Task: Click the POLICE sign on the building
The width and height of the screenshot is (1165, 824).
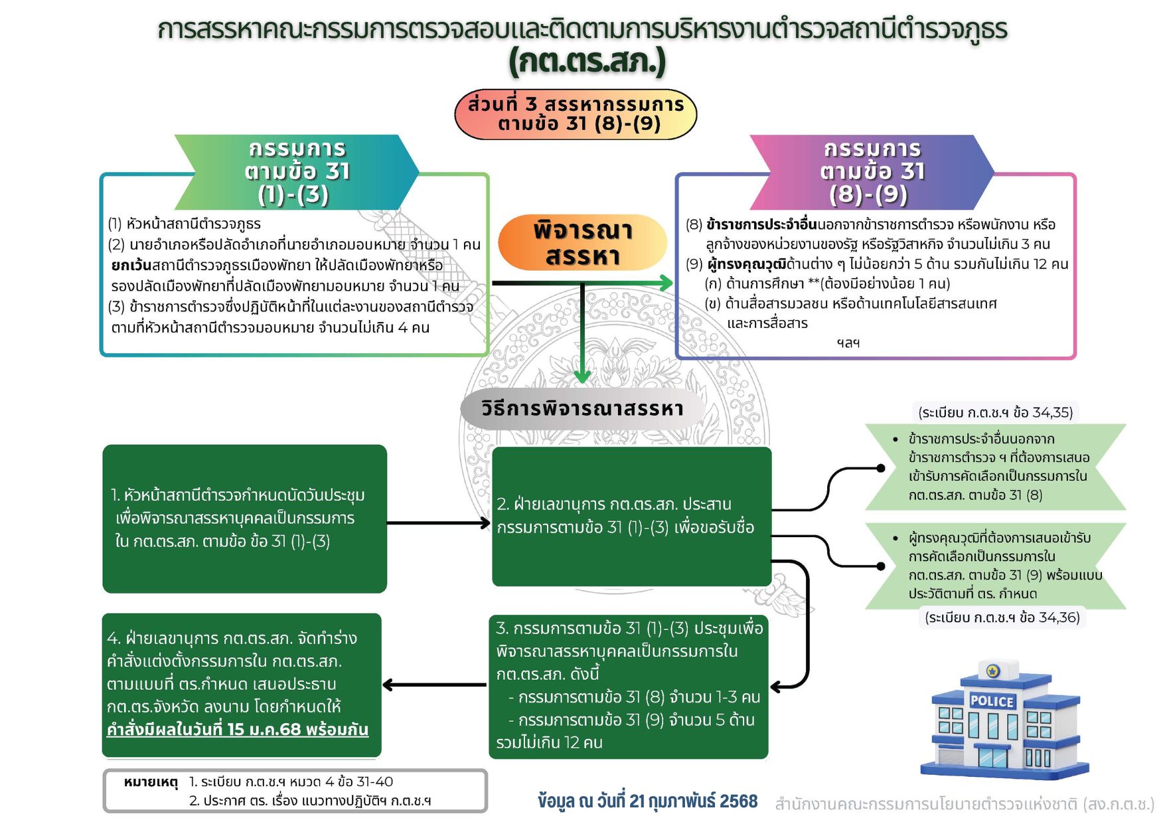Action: pos(992,701)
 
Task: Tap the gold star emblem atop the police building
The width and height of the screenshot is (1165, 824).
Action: pos(993,671)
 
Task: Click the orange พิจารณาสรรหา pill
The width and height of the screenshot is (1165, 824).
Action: pos(582,243)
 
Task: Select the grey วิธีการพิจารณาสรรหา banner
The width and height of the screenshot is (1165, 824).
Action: pos(582,408)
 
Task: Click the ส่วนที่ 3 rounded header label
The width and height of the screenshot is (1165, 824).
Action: pos(576,114)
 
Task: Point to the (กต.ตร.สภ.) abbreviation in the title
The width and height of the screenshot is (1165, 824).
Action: pos(587,61)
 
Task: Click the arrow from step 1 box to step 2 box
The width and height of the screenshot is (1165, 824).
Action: pos(439,523)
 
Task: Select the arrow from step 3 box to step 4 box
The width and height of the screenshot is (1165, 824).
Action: pos(435,685)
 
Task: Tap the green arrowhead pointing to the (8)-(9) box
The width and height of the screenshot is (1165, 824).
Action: pos(666,283)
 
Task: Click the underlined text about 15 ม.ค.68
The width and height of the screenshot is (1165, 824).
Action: pos(237,730)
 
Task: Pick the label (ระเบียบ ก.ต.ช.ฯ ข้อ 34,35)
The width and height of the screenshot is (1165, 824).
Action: pos(995,412)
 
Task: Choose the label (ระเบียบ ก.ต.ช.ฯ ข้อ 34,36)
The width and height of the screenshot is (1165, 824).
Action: pos(1002,618)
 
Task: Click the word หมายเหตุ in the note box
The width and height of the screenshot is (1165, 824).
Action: pos(151,782)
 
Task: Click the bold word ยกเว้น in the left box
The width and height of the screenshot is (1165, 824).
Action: pos(131,266)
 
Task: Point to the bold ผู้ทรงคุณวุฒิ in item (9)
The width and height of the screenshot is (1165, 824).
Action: pos(746,264)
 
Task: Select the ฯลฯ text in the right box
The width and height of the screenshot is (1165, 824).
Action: pos(848,343)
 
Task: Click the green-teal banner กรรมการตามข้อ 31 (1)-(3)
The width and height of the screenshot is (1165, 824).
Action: pos(296,171)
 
